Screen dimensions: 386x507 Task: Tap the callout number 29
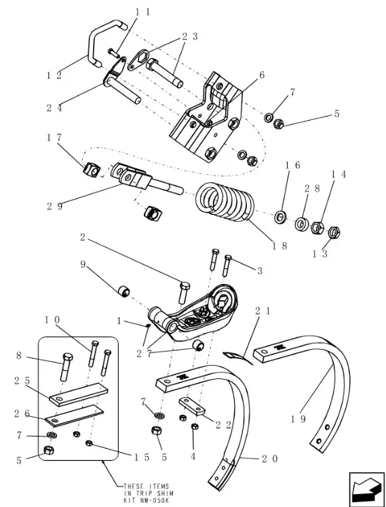[x=54, y=206]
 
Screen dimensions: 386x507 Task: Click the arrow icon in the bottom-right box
[x=366, y=488]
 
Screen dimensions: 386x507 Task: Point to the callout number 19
[x=298, y=419]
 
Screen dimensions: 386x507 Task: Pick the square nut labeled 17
[x=92, y=169]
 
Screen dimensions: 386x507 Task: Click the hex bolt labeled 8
[x=66, y=366]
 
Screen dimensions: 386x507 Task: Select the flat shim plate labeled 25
[x=78, y=394]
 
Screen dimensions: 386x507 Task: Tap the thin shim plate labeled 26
[x=75, y=415]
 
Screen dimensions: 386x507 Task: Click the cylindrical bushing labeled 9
[x=123, y=291]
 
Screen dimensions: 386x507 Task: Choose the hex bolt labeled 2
[x=184, y=292]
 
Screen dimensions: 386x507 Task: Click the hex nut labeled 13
[x=334, y=232]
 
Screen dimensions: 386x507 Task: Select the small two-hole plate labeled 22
[x=192, y=406]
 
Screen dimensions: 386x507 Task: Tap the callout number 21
[x=263, y=310]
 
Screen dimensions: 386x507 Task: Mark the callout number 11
[x=142, y=12]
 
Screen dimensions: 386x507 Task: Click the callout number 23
[x=190, y=36]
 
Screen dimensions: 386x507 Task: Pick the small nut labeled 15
[x=90, y=443]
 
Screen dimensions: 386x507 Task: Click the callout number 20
[x=269, y=458]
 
